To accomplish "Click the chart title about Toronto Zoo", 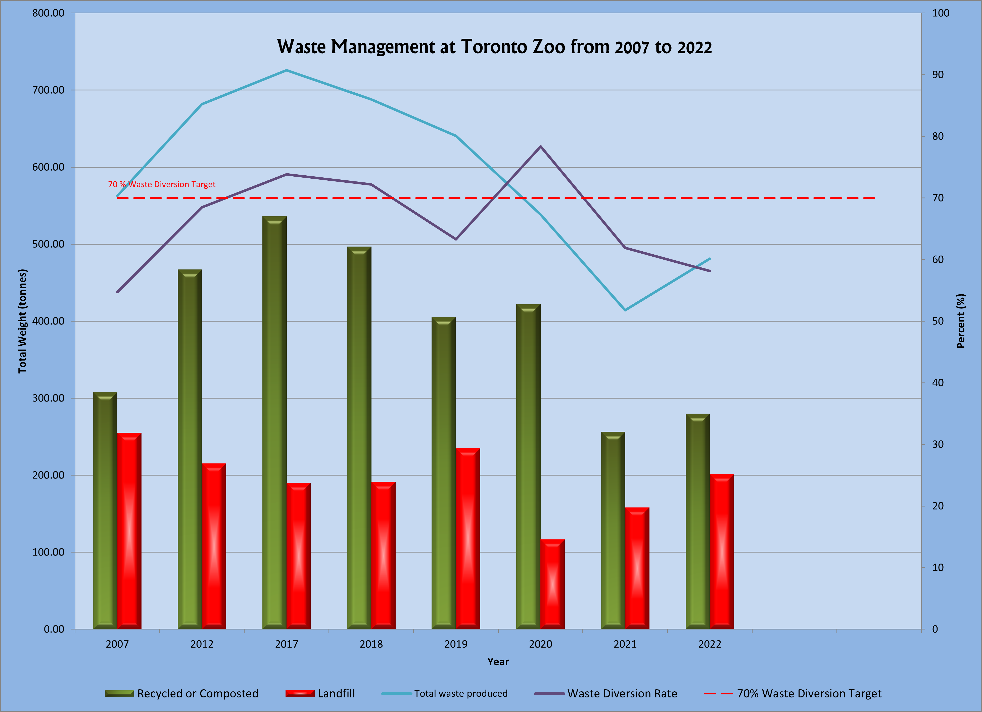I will click(x=494, y=47).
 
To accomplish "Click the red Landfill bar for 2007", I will click(x=129, y=531).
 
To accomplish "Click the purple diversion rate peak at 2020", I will click(x=540, y=146).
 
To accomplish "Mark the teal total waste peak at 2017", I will click(x=286, y=70).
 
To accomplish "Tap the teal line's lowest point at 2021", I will click(x=625, y=310).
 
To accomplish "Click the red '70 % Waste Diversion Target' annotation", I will click(x=162, y=184).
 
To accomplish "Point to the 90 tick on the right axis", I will click(x=938, y=74).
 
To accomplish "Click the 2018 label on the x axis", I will click(x=371, y=644).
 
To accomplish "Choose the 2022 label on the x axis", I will click(x=710, y=644).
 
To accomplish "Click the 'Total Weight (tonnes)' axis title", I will click(x=23, y=321).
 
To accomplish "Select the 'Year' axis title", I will click(x=498, y=662).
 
